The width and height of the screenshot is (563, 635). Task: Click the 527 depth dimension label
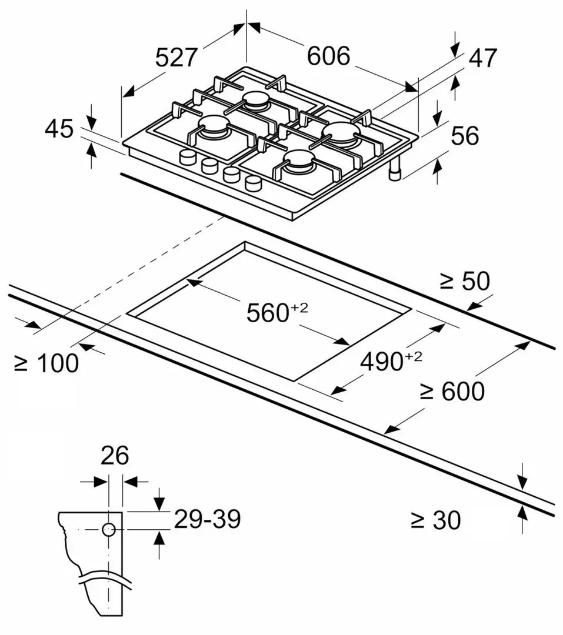(176, 57)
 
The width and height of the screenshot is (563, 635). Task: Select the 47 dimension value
(482, 58)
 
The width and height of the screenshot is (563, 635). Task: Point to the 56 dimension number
(465, 136)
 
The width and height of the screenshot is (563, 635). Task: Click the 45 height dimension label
(59, 129)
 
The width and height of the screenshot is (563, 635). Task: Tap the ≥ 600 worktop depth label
(452, 391)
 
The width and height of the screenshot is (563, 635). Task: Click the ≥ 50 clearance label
(465, 281)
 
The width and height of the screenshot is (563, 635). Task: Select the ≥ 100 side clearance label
(46, 363)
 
